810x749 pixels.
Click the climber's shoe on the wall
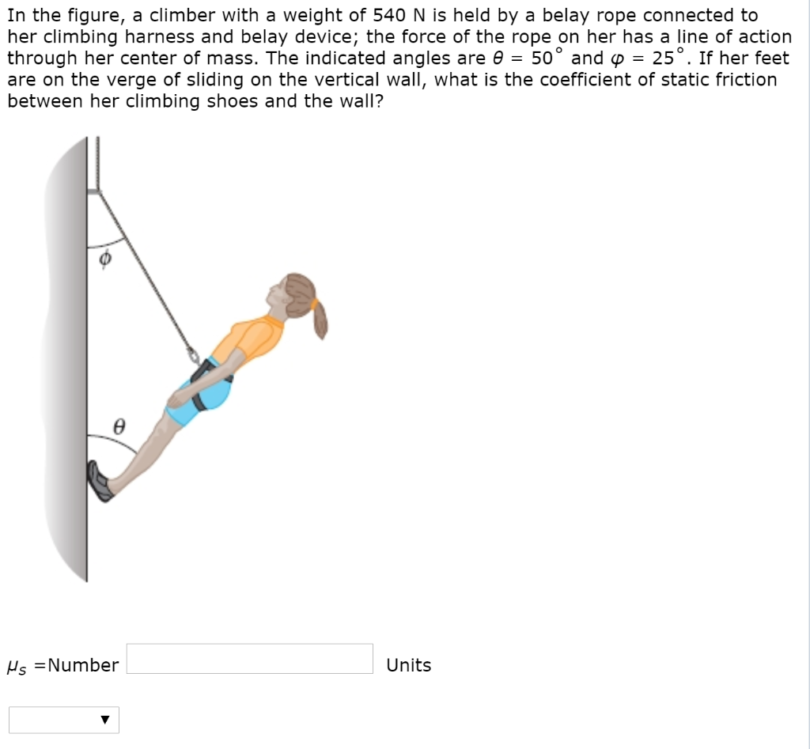pyautogui.click(x=100, y=482)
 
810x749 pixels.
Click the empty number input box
pyautogui.click(x=249, y=658)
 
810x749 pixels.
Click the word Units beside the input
pyautogui.click(x=408, y=665)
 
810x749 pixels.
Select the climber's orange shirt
pyautogui.click(x=253, y=340)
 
